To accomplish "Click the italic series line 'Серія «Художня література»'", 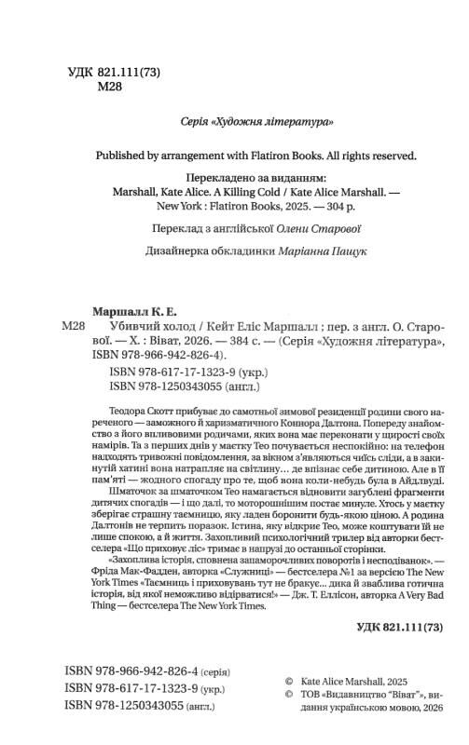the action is tap(255, 122).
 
